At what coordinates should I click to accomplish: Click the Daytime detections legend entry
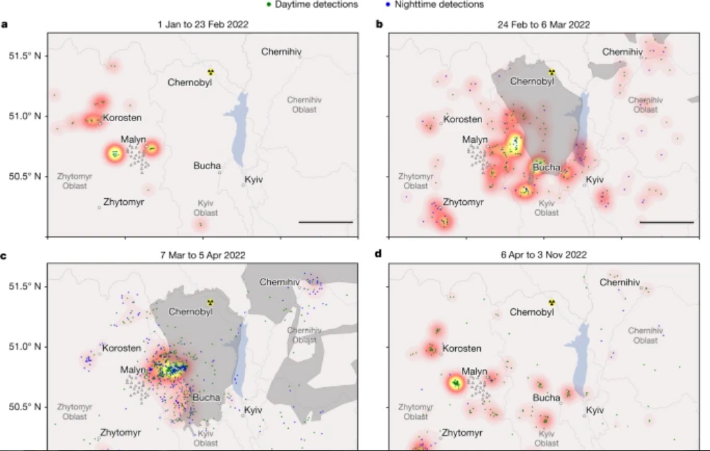pos(314,5)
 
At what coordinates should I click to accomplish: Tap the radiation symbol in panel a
pos(211,71)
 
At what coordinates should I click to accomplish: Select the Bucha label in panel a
pos(208,166)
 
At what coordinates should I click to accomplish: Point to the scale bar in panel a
pos(326,222)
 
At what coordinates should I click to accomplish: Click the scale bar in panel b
pos(666,222)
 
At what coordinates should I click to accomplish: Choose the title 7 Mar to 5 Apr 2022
pos(202,255)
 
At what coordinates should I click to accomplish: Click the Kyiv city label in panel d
pos(595,411)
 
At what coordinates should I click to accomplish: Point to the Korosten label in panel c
pos(122,348)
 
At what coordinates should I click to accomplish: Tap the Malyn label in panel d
pos(474,372)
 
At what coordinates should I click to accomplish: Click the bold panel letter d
pos(378,254)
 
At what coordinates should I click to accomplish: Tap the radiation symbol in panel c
pos(211,302)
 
